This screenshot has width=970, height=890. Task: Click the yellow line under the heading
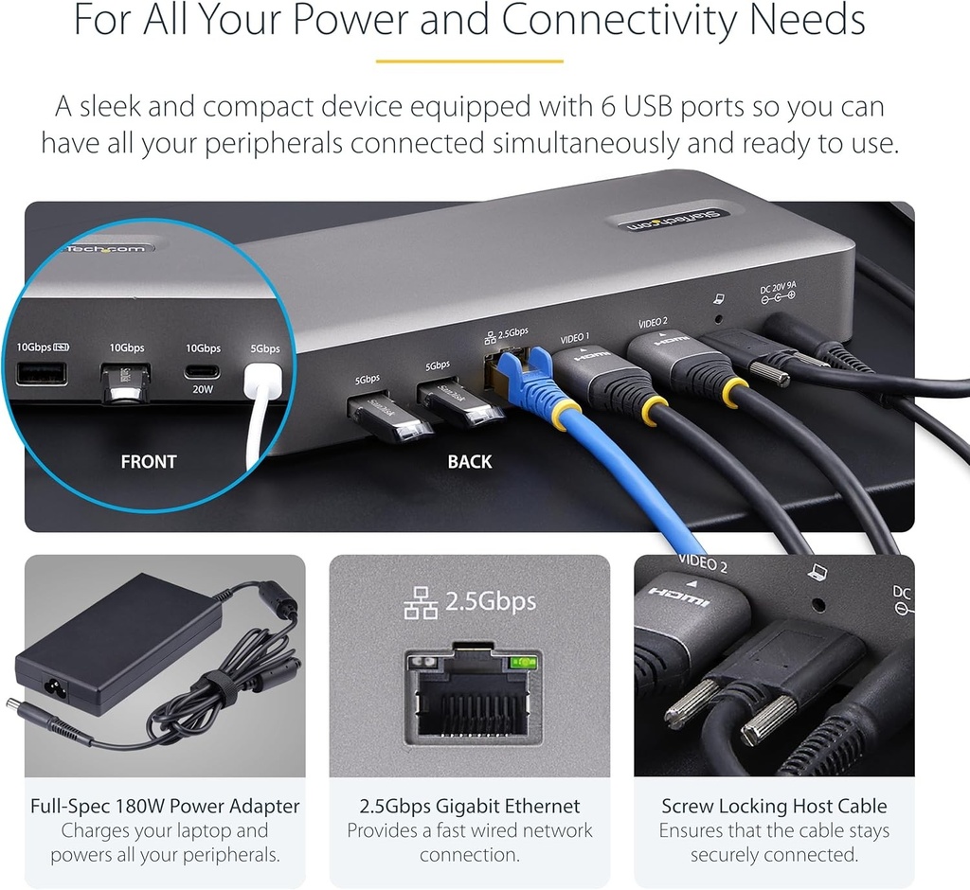469,62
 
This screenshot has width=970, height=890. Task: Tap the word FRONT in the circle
149,462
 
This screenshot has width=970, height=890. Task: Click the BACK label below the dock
470,462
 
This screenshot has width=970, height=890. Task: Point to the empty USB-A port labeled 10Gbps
41,374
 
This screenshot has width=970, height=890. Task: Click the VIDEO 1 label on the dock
575,336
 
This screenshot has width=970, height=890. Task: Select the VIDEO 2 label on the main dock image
653,322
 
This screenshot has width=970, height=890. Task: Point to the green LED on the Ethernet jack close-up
518,663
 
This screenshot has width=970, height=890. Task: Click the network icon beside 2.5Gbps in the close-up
421,602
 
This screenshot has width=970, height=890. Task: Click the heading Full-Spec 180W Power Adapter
165,807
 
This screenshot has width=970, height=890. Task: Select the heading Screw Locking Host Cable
774,807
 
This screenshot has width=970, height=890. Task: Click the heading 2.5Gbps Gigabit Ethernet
469,807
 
